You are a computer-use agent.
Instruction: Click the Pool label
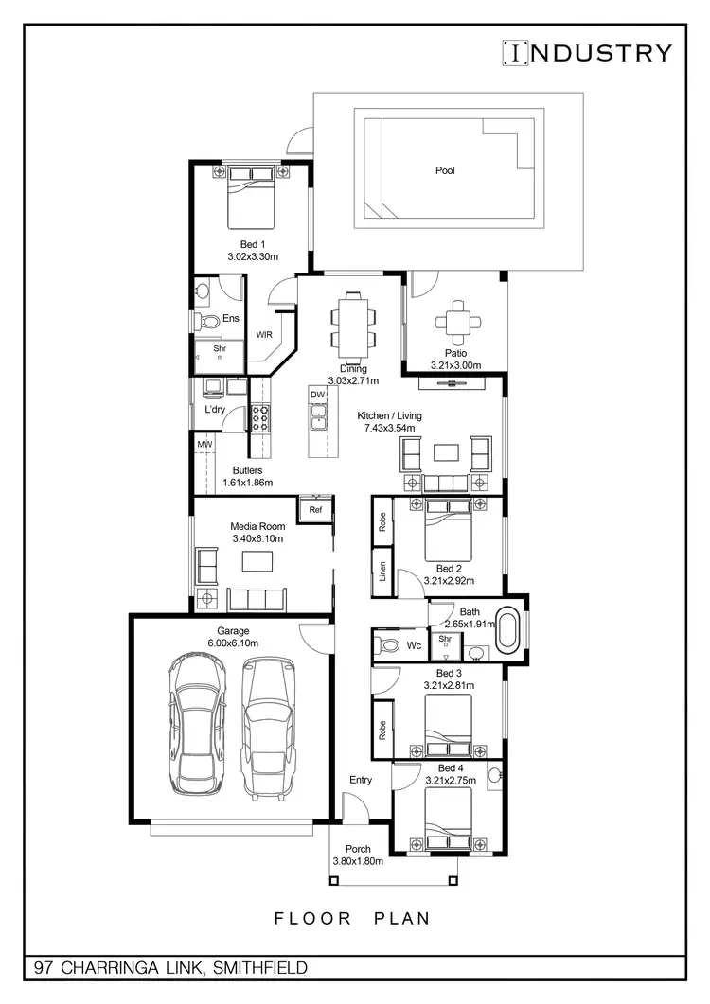[445, 170]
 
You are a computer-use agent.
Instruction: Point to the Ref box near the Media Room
[315, 509]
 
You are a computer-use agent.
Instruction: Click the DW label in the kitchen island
[317, 395]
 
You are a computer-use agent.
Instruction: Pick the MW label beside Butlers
[204, 443]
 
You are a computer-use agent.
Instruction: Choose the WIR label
[264, 334]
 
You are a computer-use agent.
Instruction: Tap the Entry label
[361, 780]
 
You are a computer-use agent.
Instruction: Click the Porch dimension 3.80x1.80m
[358, 862]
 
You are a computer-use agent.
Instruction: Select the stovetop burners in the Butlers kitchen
[259, 417]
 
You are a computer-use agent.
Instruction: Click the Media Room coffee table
[256, 561]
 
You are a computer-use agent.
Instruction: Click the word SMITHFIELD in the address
[260, 968]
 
